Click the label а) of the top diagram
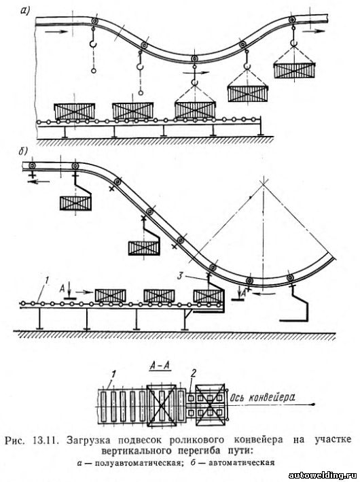pyautogui.click(x=25, y=12)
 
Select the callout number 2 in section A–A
pyautogui.click(x=193, y=373)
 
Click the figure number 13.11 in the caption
pyautogui.click(x=46, y=440)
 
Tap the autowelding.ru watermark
pyautogui.click(x=324, y=476)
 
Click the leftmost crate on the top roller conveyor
pyautogui.click(x=74, y=111)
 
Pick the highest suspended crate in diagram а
pyautogui.click(x=294, y=71)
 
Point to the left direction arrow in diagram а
pyautogui.click(x=56, y=31)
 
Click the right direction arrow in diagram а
pyautogui.click(x=313, y=31)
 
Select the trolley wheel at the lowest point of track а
pyautogui.click(x=194, y=59)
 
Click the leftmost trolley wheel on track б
pyautogui.click(x=32, y=166)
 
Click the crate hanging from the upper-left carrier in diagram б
pyautogui.click(x=75, y=203)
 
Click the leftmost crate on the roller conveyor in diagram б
pyautogui.click(x=110, y=296)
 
